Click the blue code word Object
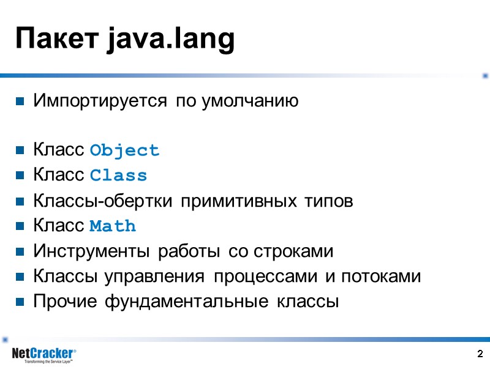click(x=124, y=150)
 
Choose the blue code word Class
click(x=118, y=176)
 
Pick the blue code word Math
click(x=113, y=226)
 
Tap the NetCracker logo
click(x=43, y=353)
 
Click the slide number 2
click(x=480, y=354)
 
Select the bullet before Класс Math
click(x=20, y=227)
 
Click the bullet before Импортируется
click(x=20, y=101)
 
